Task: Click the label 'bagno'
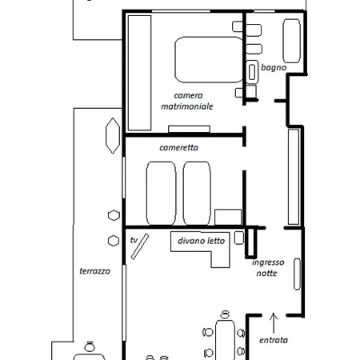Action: point(274,68)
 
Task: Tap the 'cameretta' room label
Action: point(178,147)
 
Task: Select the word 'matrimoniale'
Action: point(187,106)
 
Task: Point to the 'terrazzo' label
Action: point(95,271)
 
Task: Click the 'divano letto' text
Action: point(202,241)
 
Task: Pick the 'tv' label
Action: point(134,240)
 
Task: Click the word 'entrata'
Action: point(274,340)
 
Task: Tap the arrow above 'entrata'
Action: point(274,323)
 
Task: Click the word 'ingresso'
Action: point(268,262)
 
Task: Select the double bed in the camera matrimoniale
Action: point(209,59)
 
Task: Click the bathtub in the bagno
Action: point(292,41)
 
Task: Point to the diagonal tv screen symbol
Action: point(140,246)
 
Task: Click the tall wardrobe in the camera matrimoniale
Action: point(140,73)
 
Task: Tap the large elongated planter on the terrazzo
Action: point(113,136)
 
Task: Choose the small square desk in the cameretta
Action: point(228,217)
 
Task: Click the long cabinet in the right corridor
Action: point(294,177)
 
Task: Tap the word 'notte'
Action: point(266,273)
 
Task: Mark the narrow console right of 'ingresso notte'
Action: point(297,274)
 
